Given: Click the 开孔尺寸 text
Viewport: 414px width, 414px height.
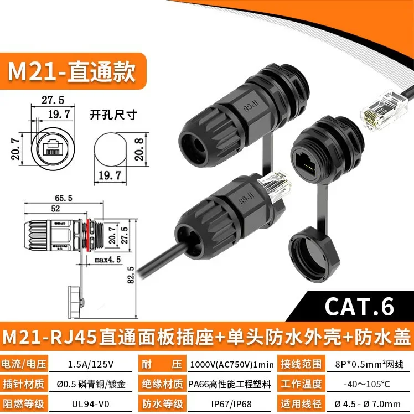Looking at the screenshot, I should click(x=113, y=116).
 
